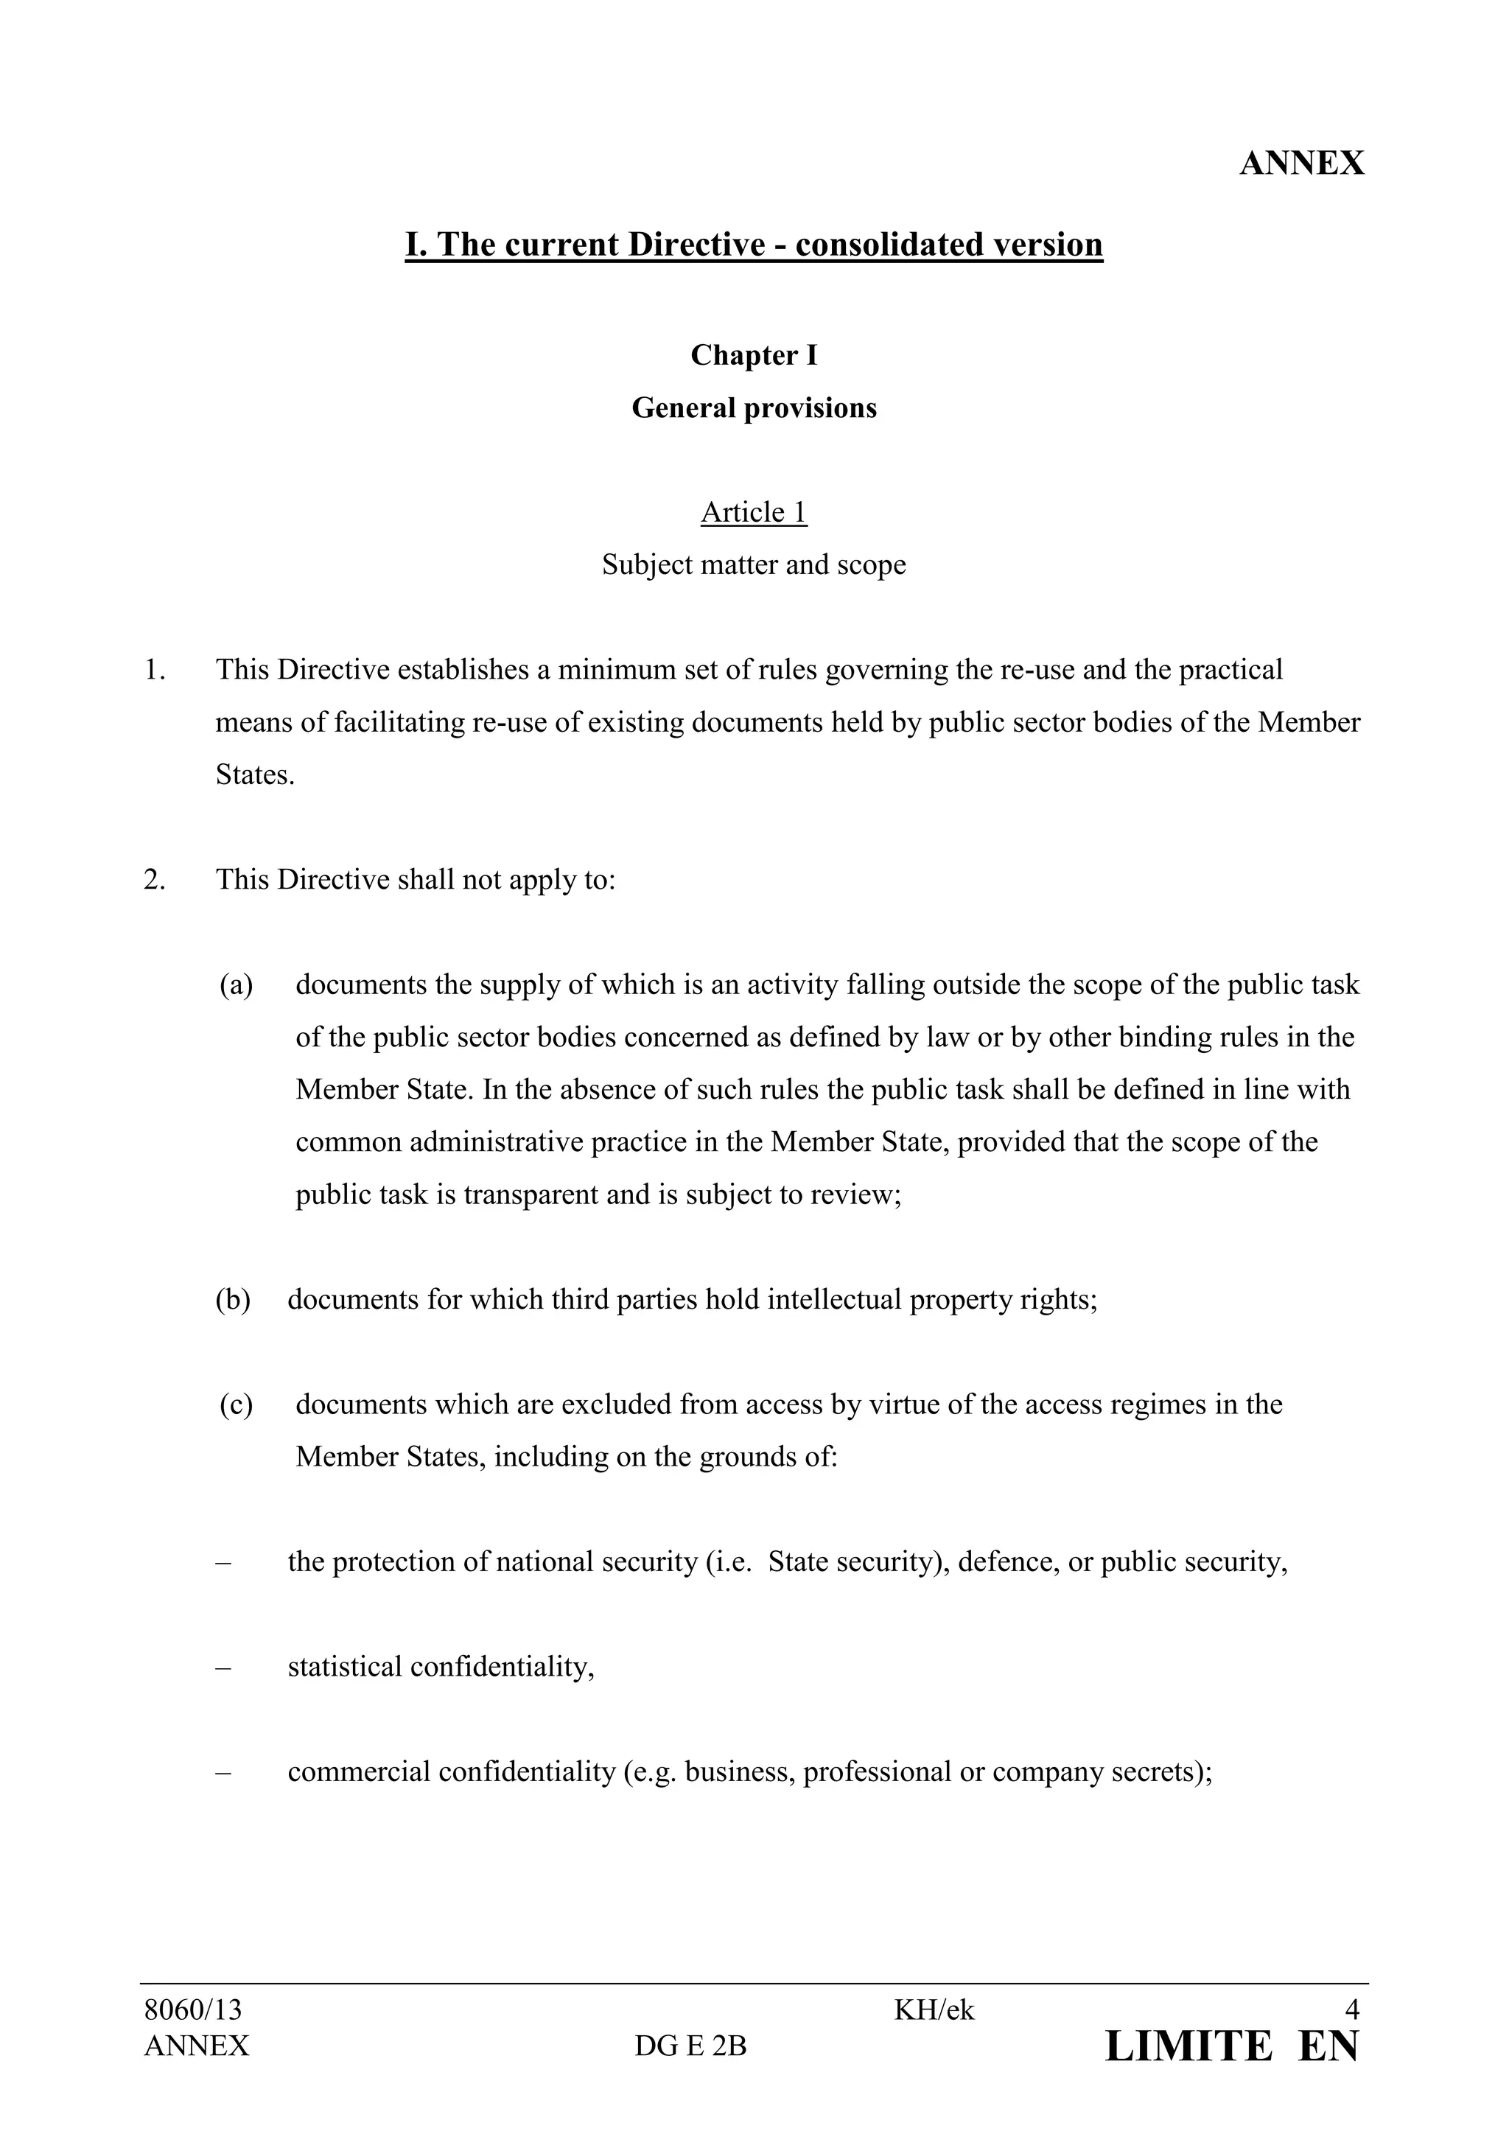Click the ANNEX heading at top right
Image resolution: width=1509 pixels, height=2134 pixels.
1301,164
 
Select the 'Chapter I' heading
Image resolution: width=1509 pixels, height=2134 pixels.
754,355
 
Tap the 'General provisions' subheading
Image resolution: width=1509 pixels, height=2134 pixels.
754,408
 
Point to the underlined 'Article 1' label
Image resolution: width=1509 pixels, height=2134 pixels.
754,512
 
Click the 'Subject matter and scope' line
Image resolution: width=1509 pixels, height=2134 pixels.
754,565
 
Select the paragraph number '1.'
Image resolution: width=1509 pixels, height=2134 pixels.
155,670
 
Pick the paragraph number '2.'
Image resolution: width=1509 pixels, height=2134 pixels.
155,879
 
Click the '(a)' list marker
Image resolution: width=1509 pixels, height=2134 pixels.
236,984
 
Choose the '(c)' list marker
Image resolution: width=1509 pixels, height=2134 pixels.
236,1404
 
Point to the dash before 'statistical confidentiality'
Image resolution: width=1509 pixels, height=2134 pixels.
223,1668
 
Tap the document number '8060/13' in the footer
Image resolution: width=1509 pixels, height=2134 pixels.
192,2010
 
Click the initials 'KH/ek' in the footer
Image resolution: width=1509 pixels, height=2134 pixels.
934,2010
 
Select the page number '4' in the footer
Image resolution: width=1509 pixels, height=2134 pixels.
1352,2010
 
